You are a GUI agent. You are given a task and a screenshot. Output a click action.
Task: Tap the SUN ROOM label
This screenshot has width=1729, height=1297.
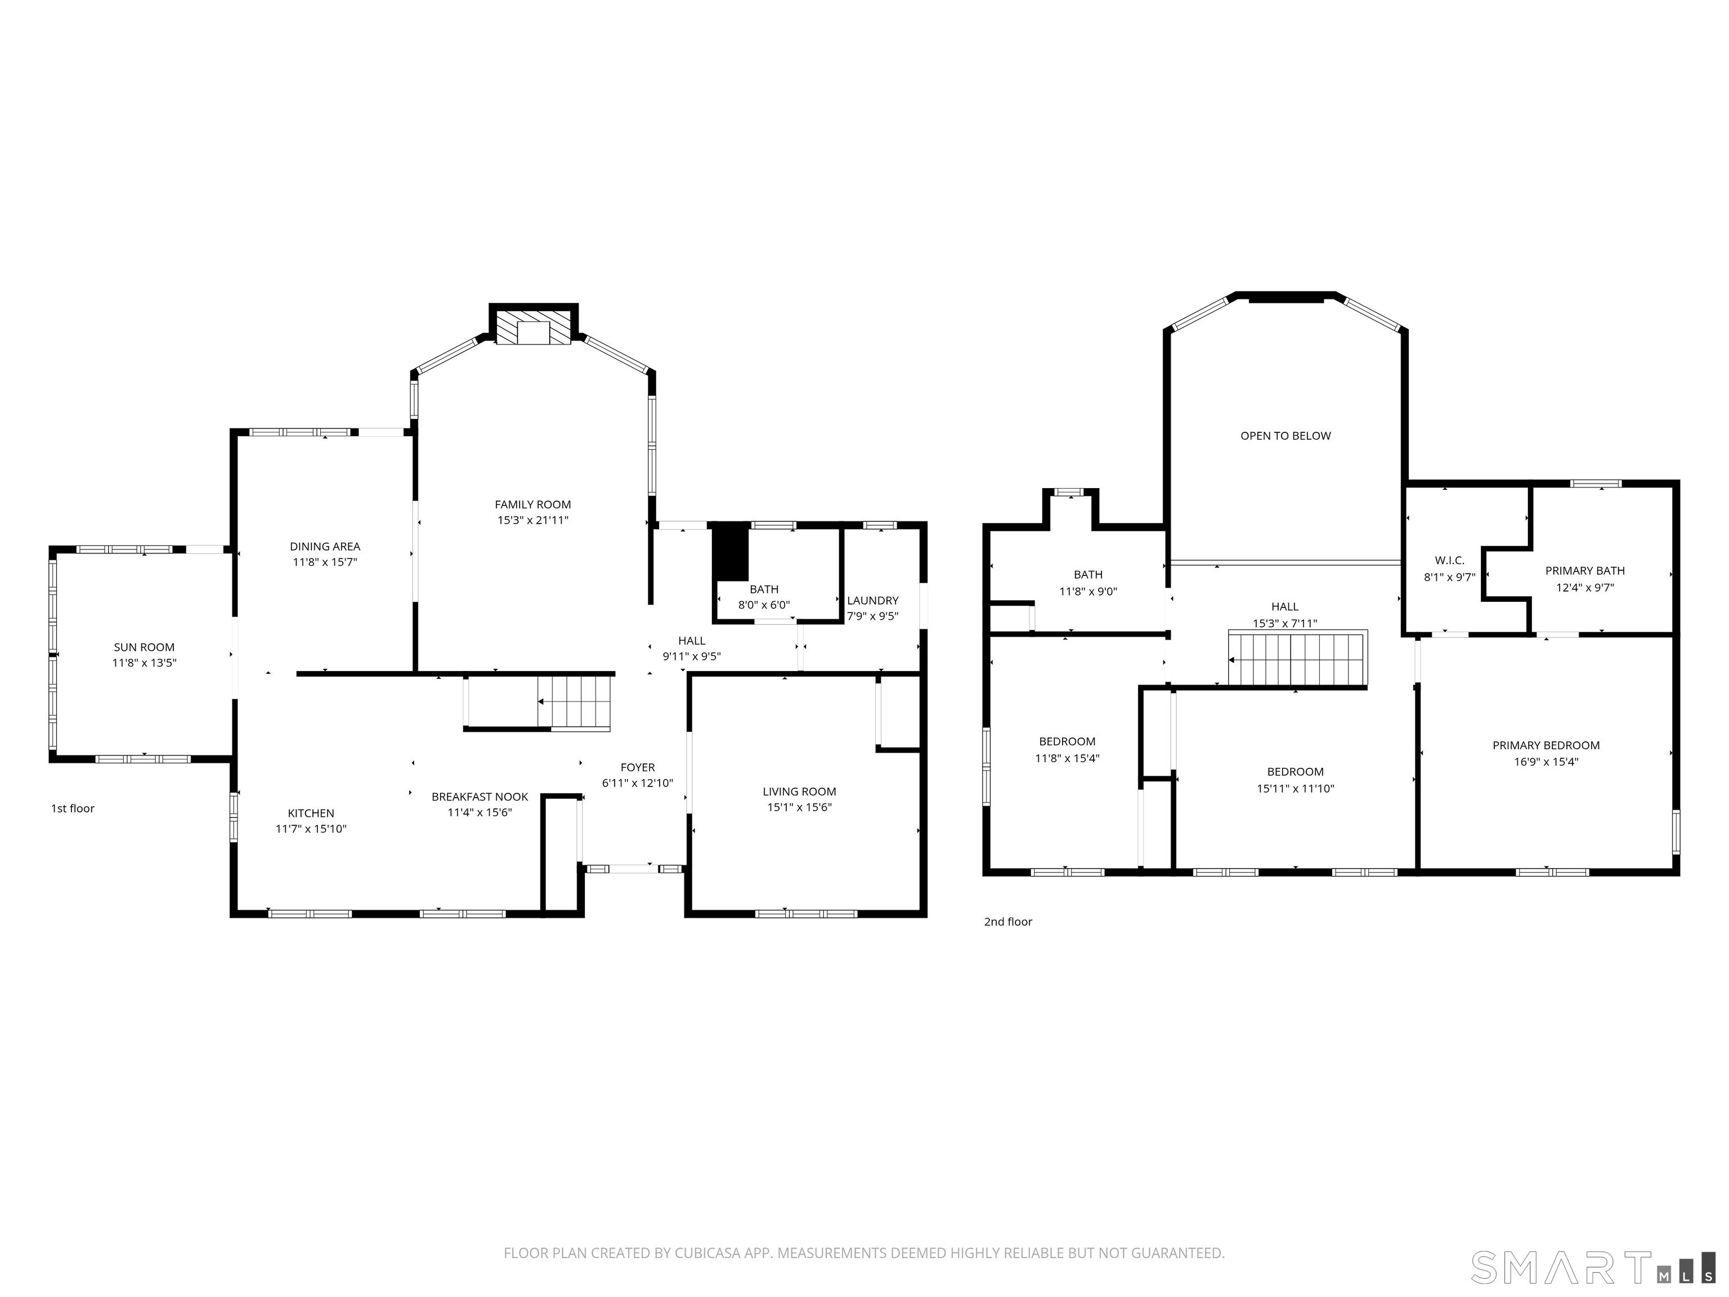(144, 647)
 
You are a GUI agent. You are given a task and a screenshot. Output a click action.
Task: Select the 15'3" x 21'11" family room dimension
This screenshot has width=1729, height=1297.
(532, 521)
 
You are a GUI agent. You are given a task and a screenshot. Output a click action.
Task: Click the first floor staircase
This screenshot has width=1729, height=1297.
(575, 702)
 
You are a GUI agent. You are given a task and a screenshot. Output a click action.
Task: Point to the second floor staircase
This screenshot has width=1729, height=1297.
(1297, 659)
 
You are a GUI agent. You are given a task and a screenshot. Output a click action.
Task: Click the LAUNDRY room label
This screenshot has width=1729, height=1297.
(872, 601)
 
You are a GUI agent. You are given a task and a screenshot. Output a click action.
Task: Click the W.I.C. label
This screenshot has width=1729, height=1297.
(1449, 561)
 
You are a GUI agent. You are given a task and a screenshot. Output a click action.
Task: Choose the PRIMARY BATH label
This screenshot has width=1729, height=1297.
(1584, 571)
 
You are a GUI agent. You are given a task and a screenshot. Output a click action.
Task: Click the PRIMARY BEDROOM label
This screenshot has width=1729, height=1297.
(1546, 745)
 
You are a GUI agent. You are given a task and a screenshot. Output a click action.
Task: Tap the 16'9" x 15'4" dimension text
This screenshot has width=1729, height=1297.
(1546, 762)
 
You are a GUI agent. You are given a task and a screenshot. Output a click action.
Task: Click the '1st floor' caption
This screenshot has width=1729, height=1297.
(73, 808)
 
